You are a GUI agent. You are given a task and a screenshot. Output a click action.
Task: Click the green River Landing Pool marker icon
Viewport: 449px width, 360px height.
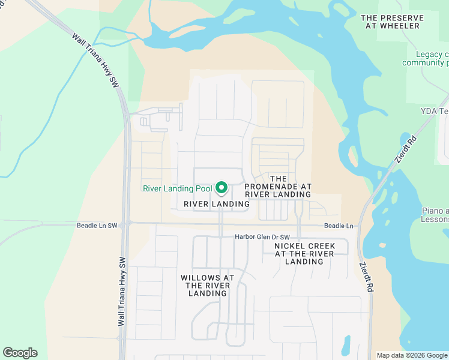tap(221, 188)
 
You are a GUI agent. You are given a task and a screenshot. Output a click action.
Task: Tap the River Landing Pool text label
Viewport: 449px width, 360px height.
tap(177, 188)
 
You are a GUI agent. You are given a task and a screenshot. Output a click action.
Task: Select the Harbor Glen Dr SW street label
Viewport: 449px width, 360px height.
tap(262, 236)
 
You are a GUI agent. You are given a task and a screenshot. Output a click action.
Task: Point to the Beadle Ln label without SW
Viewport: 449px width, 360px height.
tap(339, 226)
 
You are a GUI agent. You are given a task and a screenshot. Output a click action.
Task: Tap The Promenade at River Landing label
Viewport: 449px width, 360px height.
tap(278, 187)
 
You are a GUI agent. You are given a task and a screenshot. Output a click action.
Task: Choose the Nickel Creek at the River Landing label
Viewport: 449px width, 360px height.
tap(304, 254)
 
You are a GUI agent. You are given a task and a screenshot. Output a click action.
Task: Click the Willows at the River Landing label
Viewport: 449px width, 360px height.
tap(208, 285)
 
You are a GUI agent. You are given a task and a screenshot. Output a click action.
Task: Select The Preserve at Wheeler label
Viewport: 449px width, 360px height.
tap(392, 22)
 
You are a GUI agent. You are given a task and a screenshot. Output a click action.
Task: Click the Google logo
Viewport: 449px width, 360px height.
tap(20, 353)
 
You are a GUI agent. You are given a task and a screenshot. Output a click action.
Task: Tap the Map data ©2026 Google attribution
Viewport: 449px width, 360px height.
tap(412, 355)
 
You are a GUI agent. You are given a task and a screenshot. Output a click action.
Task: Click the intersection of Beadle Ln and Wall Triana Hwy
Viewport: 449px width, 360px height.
tap(125, 224)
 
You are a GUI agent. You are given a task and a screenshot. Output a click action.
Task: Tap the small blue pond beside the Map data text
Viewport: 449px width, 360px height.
tap(346, 345)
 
